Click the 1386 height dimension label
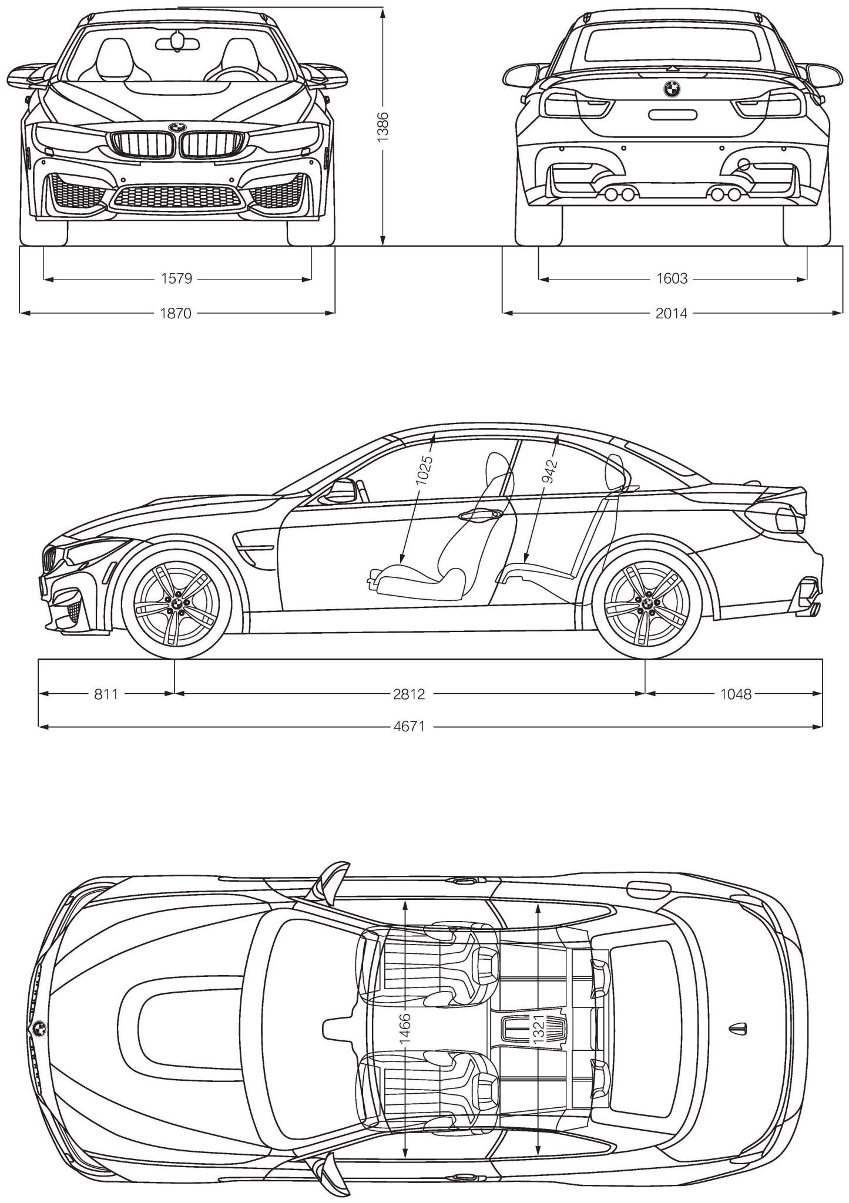[382, 126]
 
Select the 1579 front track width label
[176, 278]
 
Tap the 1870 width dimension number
[176, 313]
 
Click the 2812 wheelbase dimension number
[409, 694]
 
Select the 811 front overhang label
[106, 694]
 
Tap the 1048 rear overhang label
[736, 694]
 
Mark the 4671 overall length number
[409, 727]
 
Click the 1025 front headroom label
[424, 470]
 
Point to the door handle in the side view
[481, 515]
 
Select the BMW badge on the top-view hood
[39, 1029]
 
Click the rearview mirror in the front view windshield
[177, 39]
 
